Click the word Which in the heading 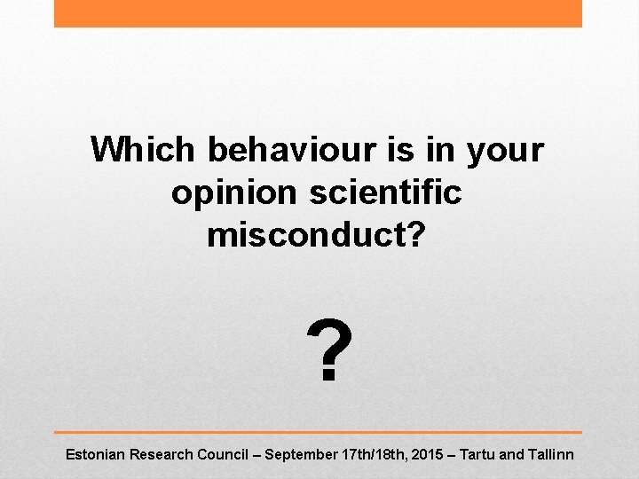tap(143, 150)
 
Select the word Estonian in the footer tap(96, 454)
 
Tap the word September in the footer tap(301, 455)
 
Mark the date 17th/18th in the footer tap(374, 454)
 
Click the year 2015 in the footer tap(429, 454)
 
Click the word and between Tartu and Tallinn tap(513, 454)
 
